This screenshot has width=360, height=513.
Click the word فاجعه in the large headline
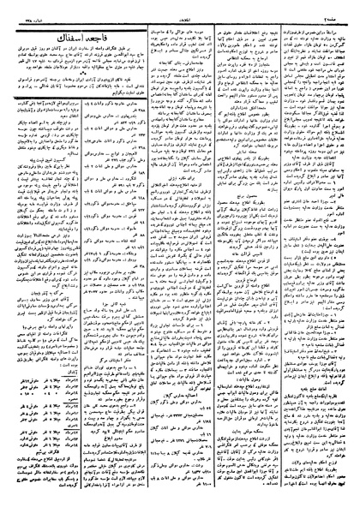[x=108, y=39]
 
